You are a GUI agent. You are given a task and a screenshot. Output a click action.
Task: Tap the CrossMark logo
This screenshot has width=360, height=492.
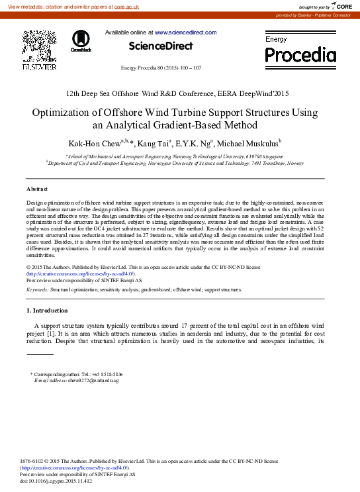pos(81,41)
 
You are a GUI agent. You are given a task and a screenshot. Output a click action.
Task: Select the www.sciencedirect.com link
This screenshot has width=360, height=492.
pos(185,32)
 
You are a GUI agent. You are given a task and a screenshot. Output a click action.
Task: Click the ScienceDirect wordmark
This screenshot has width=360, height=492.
pos(161,46)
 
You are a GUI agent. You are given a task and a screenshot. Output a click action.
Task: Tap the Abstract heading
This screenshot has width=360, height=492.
pos(37,189)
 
